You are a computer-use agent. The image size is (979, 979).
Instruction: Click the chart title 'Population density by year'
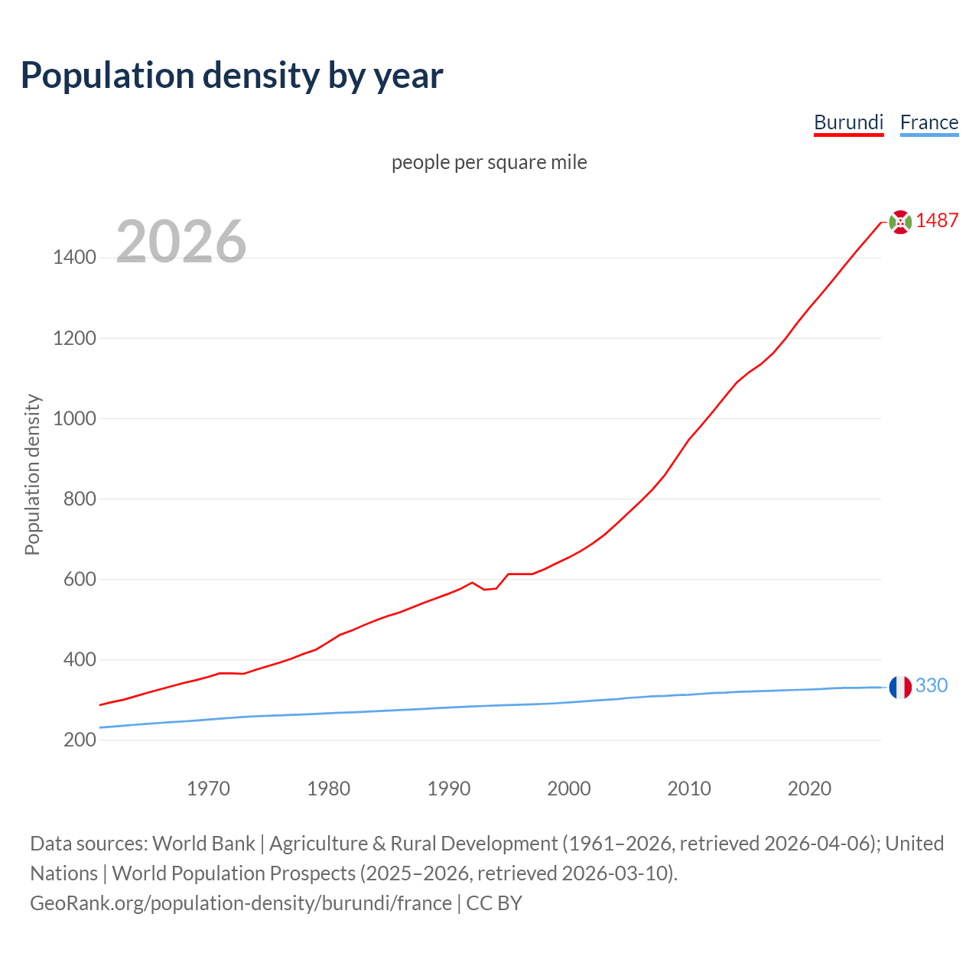(232, 75)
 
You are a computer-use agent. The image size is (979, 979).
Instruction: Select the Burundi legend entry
(848, 122)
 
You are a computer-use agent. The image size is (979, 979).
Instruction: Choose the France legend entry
(929, 122)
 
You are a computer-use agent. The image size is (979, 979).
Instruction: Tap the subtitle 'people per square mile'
(489, 162)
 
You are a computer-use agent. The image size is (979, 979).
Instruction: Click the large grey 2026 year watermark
(181, 242)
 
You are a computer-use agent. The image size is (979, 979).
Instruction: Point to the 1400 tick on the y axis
(74, 258)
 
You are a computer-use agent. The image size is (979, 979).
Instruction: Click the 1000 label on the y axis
(74, 418)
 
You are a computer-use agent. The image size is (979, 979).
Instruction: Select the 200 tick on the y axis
(80, 740)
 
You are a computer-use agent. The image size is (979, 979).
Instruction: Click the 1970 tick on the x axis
(208, 789)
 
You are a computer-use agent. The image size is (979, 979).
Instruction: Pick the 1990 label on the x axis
(449, 789)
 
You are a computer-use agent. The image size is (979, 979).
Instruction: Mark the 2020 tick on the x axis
(809, 789)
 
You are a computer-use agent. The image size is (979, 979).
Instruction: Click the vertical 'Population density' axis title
(32, 474)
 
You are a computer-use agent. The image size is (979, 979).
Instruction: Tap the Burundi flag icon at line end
(900, 222)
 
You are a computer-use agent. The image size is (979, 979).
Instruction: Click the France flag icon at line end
(900, 687)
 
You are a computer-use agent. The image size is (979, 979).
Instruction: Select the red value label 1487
(937, 220)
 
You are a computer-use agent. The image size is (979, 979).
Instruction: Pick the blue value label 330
(931, 685)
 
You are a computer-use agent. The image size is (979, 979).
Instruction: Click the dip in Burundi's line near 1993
(485, 589)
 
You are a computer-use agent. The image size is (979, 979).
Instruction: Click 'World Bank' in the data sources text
(203, 844)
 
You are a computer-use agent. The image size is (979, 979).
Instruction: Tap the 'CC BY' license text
(494, 903)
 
